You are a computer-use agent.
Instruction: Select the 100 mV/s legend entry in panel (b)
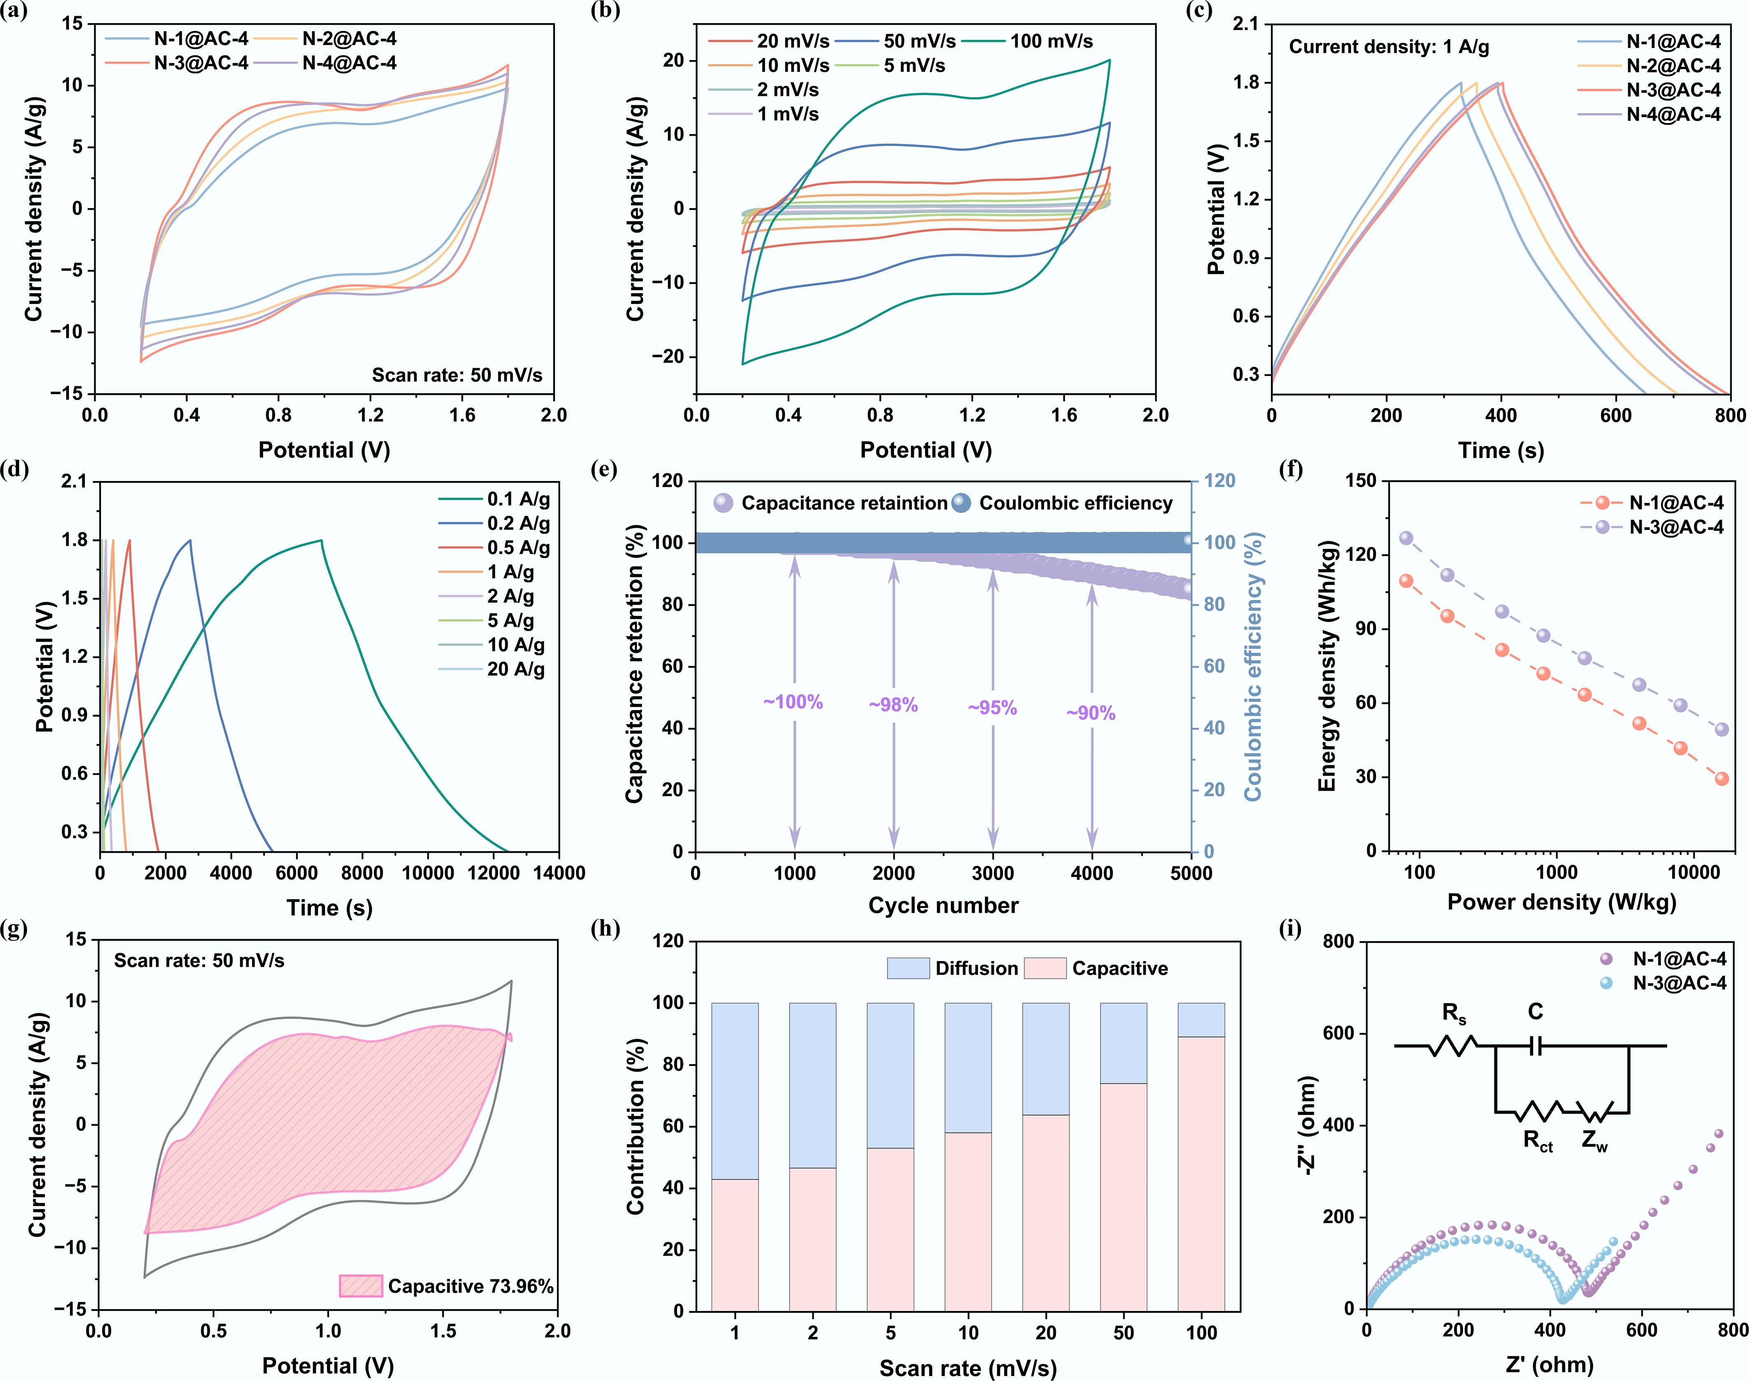point(1051,41)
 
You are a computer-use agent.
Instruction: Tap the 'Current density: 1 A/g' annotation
point(1388,47)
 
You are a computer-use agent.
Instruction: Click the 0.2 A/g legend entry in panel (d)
point(518,523)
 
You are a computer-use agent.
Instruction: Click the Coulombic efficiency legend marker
point(960,503)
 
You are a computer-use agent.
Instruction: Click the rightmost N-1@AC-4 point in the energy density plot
point(1721,779)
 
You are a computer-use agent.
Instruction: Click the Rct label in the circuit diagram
point(1537,1141)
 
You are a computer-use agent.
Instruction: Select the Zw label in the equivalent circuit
point(1595,1141)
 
